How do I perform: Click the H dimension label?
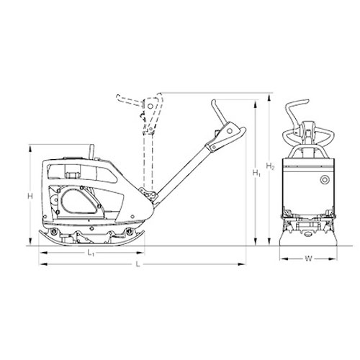tap(30, 197)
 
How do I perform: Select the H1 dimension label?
tap(256, 173)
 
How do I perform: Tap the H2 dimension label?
tap(270, 166)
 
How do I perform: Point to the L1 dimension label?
tap(91, 253)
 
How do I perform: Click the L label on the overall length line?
tap(138, 264)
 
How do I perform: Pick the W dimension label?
tap(309, 258)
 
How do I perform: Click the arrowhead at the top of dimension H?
tap(30, 149)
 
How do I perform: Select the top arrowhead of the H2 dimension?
tap(269, 97)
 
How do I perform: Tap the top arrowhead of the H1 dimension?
tap(256, 104)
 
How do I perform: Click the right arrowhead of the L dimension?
tap(242, 264)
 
